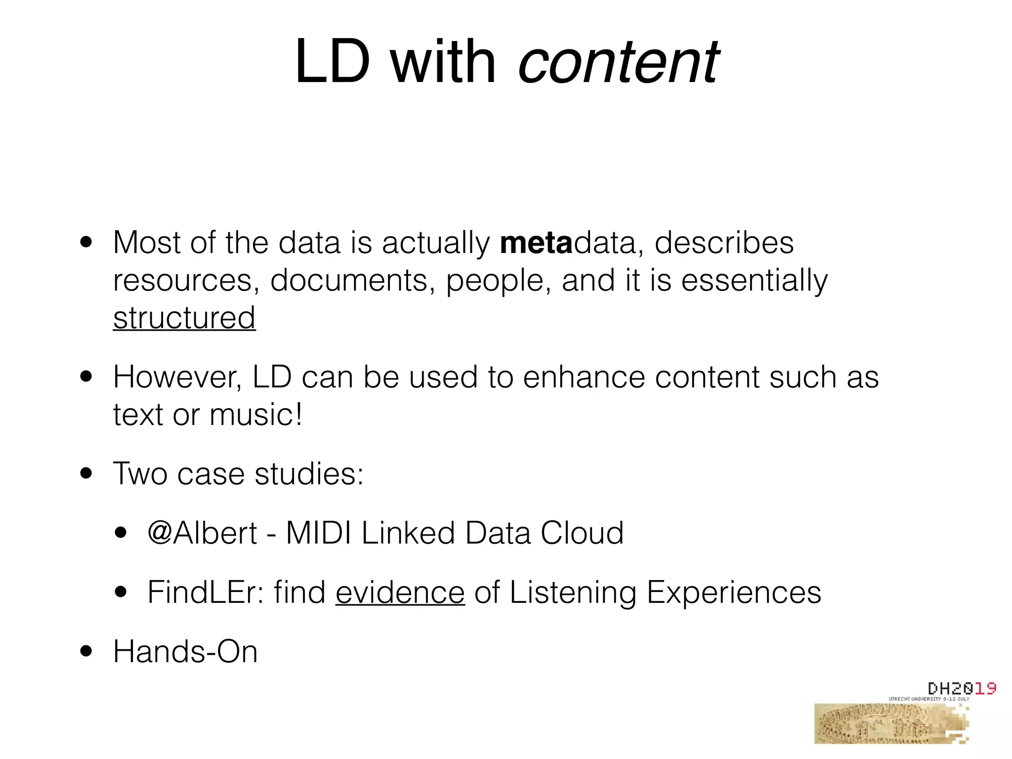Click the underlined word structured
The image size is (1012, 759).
click(184, 318)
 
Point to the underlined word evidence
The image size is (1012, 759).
click(400, 592)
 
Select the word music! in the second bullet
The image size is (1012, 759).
click(256, 414)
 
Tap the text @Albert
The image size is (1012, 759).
click(202, 533)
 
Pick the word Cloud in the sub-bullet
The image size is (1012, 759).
click(582, 533)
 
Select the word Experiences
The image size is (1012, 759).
click(734, 592)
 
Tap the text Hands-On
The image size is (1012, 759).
click(185, 651)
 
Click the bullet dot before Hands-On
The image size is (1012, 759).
click(86, 651)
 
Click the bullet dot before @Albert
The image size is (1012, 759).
click(121, 533)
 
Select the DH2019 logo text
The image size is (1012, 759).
click(961, 688)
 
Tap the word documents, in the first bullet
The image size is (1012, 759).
click(353, 280)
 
